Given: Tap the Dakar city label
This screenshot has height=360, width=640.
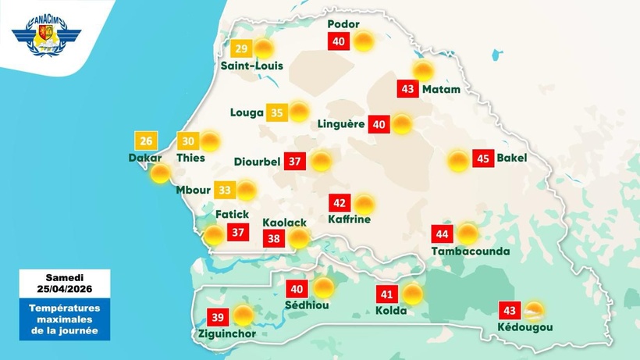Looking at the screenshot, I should [x=144, y=158].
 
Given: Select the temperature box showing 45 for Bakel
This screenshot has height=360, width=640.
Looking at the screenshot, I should [x=483, y=159].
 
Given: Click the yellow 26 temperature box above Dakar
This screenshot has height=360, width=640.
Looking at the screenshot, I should [x=146, y=141].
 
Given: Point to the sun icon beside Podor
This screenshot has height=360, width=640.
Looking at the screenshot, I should [x=362, y=41].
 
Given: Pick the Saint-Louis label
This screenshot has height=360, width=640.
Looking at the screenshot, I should [x=251, y=66].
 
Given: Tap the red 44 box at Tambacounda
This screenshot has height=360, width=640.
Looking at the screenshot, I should [x=443, y=234].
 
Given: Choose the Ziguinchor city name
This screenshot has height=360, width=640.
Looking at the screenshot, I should [x=222, y=335].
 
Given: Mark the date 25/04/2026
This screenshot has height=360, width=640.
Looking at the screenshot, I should [x=65, y=290].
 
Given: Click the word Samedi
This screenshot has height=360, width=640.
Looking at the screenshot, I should [x=65, y=278].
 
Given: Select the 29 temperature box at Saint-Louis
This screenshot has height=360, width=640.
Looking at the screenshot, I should [x=242, y=49].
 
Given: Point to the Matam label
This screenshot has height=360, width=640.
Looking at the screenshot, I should [x=441, y=90].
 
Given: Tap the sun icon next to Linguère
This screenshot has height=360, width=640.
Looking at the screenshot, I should [x=401, y=124].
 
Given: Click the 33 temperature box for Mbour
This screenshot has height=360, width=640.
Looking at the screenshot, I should [x=225, y=190].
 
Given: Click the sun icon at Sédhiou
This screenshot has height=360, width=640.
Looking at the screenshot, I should [x=324, y=288].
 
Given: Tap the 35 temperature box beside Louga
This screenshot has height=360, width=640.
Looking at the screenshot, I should [x=277, y=112].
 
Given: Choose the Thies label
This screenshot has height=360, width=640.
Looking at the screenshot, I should [x=190, y=158].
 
